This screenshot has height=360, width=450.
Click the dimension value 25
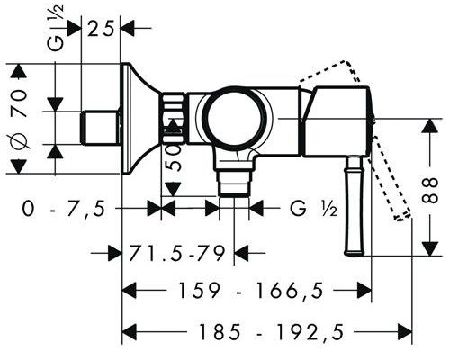point(101,30)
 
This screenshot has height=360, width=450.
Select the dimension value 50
point(175,157)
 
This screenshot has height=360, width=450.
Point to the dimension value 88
point(432,191)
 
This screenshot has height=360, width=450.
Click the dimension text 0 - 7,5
point(64,209)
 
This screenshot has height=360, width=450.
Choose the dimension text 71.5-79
point(177,254)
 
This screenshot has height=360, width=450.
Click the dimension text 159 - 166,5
point(251,291)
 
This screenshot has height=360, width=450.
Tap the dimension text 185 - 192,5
point(272,332)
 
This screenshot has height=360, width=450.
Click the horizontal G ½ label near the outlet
point(313,208)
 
